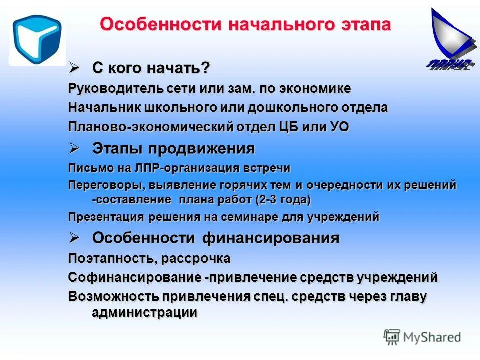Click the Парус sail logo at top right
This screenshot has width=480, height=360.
point(450,40)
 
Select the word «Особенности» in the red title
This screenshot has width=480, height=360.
point(160,24)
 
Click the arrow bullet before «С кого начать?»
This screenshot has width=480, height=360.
point(74,66)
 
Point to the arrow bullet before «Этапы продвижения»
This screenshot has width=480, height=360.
point(74,148)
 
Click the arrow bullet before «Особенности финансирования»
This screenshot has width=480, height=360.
point(74,237)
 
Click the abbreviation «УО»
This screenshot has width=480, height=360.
point(339,127)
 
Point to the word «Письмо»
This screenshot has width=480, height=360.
point(85,168)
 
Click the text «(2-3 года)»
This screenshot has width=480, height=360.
point(282,200)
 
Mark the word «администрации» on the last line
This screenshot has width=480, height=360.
point(144,312)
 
